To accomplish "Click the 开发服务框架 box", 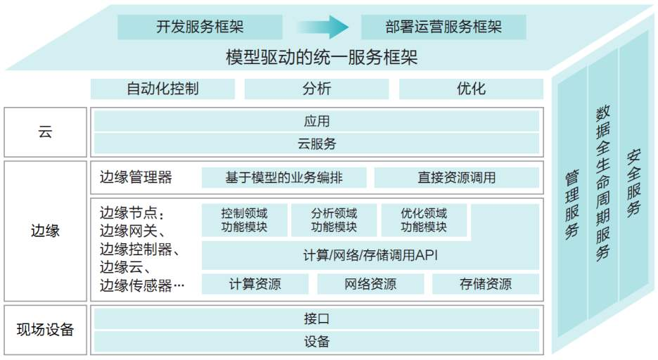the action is (x=200, y=27).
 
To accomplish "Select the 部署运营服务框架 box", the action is (x=444, y=27).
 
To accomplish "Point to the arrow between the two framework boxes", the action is (x=322, y=27).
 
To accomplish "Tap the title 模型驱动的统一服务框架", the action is (x=322, y=57).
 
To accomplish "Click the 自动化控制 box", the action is (x=162, y=89).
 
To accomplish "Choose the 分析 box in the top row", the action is (x=316, y=89).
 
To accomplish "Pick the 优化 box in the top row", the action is (x=471, y=89).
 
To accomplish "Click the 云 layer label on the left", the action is (x=45, y=131).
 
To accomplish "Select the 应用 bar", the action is (x=316, y=121).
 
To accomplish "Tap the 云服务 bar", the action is (x=316, y=144).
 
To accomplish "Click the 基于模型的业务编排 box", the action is (x=284, y=177).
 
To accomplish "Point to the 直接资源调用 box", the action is (x=456, y=177).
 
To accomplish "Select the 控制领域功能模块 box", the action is (x=244, y=220).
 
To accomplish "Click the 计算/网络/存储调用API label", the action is (x=370, y=255).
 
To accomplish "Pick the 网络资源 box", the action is (x=370, y=284).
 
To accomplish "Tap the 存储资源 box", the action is (x=486, y=284).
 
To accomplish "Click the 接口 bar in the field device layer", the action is (x=316, y=319).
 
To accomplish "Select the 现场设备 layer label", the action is (x=45, y=330).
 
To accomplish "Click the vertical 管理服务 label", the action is (x=572, y=205).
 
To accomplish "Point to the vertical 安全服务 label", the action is (x=633, y=183).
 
